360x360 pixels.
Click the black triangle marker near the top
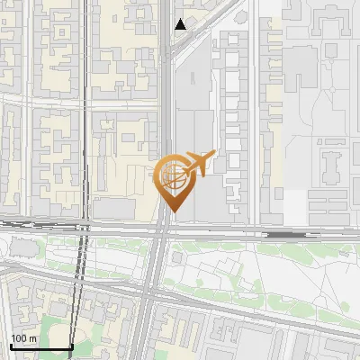pyautogui.click(x=181, y=24)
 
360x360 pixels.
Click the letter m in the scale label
pyautogui.click(x=32, y=338)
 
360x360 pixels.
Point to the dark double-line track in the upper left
pyautogui.click(x=86, y=54)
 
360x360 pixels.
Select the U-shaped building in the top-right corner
pyautogui.click(x=334, y=22)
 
